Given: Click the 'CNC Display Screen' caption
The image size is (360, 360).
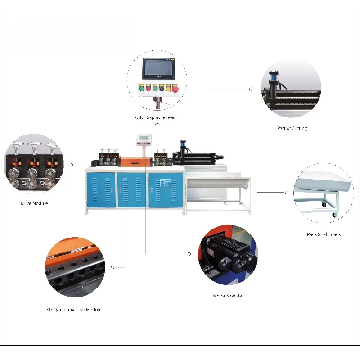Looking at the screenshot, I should [x=155, y=117].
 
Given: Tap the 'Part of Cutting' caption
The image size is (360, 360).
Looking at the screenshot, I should [x=292, y=128].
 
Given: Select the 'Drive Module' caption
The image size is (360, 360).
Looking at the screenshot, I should [x=34, y=203].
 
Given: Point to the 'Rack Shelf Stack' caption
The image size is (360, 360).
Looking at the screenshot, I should [x=324, y=234].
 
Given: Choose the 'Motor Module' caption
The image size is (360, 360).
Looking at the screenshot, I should [x=227, y=296].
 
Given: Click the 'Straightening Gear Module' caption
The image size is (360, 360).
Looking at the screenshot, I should [x=74, y=310].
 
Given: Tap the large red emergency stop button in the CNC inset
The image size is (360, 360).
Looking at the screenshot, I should [x=175, y=89].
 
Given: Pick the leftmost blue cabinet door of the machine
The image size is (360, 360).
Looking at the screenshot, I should [x=102, y=189].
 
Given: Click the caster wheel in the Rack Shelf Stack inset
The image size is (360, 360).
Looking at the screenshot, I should [x=333, y=215].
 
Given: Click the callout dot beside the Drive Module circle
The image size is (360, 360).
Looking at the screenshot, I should [x=71, y=165].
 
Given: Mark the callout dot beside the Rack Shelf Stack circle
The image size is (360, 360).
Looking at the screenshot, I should [x=285, y=192].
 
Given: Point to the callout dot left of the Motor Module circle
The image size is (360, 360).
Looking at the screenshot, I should [x=189, y=254].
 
